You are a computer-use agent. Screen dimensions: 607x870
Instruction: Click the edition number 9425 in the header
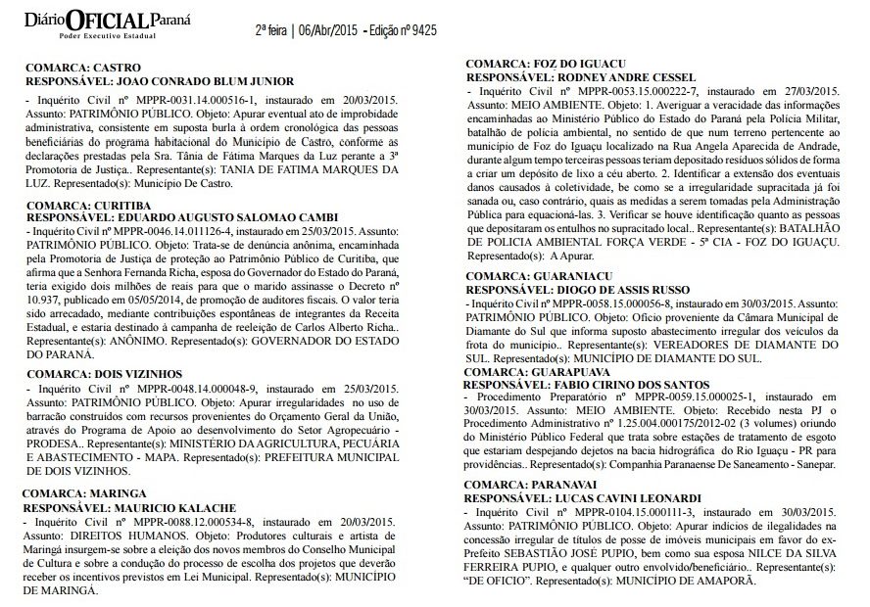[420, 30]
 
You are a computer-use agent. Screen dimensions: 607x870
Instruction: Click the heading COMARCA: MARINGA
[85, 493]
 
